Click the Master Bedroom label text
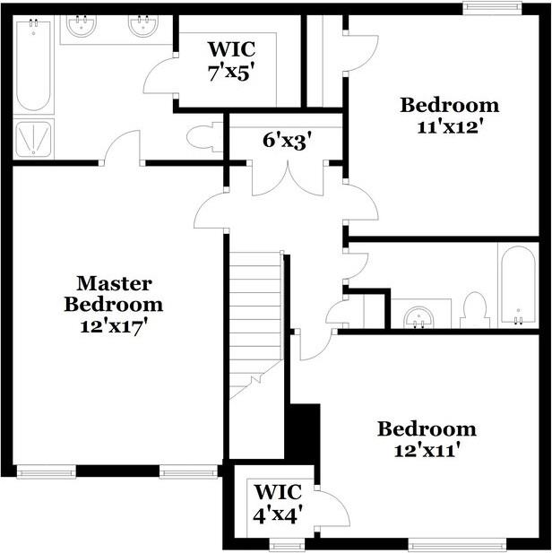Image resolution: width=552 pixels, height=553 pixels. click(113, 293)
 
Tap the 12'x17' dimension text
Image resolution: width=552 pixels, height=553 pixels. click(113, 326)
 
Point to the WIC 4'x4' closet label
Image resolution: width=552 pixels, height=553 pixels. click(278, 502)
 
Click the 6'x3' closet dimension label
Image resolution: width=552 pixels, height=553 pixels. click(286, 140)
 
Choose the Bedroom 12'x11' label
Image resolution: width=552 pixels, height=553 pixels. click(426, 439)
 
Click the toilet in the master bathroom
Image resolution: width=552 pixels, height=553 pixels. click(203, 136)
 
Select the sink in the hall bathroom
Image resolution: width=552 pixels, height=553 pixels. click(418, 316)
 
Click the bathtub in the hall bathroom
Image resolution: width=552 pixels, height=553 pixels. click(517, 285)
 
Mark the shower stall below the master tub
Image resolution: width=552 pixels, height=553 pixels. click(34, 138)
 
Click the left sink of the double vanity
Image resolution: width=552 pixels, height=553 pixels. click(83, 26)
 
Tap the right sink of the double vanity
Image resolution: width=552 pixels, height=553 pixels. click(142, 26)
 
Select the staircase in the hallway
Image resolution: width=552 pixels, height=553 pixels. click(256, 323)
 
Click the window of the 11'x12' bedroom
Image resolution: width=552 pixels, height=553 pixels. click(492, 7)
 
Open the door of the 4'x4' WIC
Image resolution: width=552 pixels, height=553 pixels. click(335, 511)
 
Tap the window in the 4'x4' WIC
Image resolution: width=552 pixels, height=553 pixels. click(287, 544)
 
